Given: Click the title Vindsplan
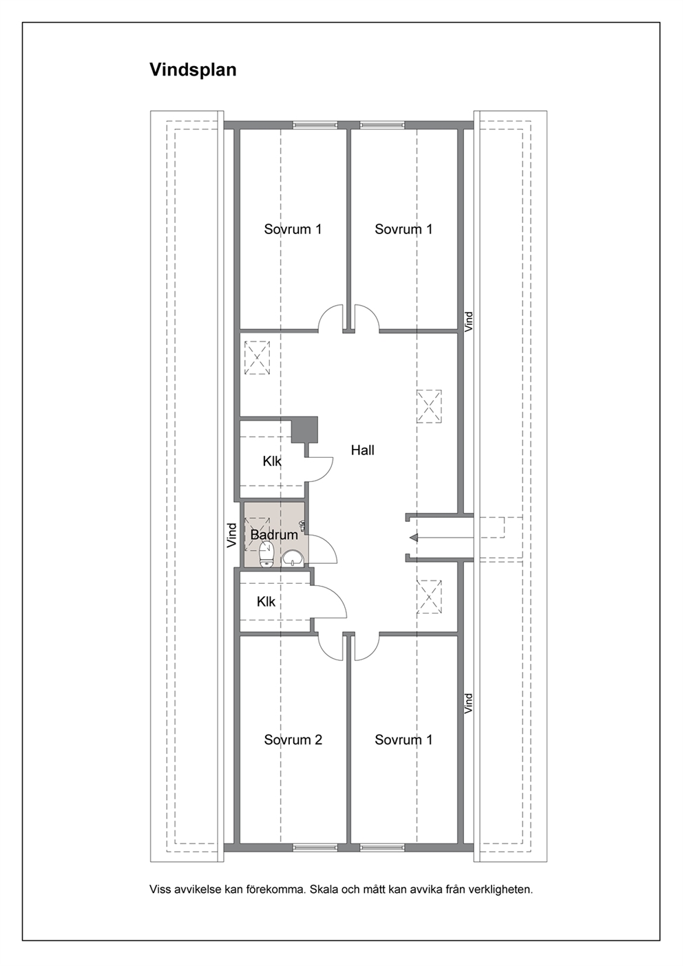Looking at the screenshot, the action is coord(193,70).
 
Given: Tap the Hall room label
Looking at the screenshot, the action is coord(362,451).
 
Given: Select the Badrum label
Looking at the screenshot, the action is coord(274,535).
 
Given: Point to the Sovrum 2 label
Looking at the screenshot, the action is coord(293,739).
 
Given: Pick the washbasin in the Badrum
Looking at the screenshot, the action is coord(293,559).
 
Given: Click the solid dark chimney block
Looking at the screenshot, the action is coord(304,430).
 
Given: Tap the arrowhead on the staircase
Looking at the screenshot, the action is coord(414,537).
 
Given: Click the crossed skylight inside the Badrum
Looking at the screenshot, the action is coord(257,535).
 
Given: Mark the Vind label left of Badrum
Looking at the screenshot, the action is coord(232,536).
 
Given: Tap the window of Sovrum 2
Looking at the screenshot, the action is coord(315,848).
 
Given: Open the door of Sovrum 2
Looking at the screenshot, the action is coord(332,647).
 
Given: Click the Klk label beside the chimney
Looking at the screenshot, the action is coord(272,461).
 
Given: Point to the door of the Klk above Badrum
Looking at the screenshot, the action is coord(322,469).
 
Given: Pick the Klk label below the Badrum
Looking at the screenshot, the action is coord(266,602).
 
